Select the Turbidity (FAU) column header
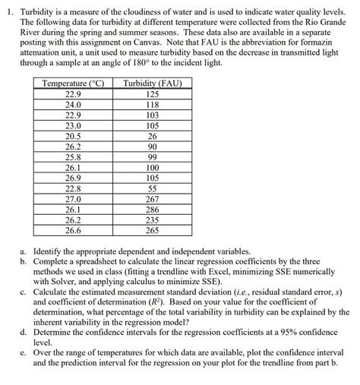(152, 83)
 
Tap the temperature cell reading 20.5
(73, 136)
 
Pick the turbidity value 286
(152, 210)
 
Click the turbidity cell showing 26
(152, 136)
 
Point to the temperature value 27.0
(73, 199)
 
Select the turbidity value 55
(152, 188)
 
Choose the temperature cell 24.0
(73, 105)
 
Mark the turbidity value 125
(152, 94)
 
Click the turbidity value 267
(152, 199)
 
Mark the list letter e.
(24, 352)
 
